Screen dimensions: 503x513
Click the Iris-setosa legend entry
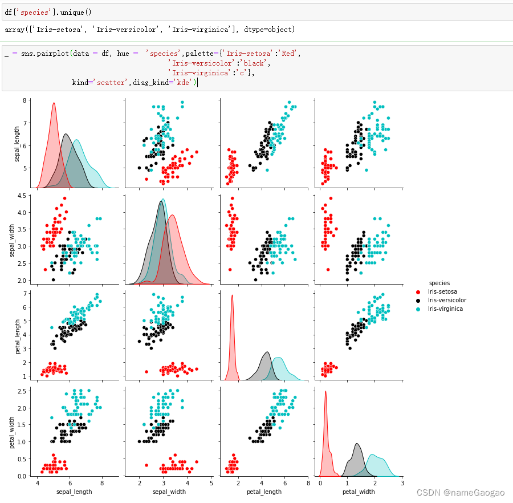coord(443,291)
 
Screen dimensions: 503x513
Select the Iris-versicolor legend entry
coord(447,300)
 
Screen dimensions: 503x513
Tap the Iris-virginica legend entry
coord(445,309)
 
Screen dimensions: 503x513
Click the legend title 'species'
coord(439,283)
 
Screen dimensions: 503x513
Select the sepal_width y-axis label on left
coord(13,240)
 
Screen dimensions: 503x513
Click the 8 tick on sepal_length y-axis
coord(25,100)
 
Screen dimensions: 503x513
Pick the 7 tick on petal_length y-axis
coord(25,293)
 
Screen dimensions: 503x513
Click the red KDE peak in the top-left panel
coord(54,103)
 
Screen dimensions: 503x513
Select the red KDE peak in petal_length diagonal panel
coord(232,295)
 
